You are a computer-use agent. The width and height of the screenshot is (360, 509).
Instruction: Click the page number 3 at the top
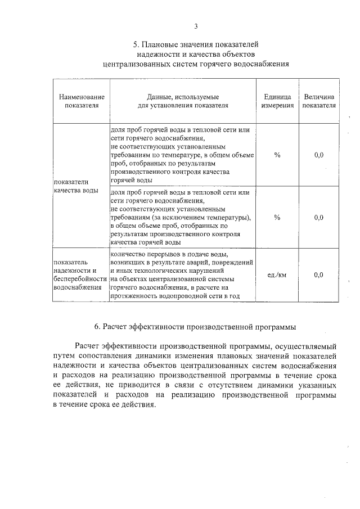(196, 26)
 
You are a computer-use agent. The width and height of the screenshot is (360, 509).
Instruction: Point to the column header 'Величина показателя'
(319, 101)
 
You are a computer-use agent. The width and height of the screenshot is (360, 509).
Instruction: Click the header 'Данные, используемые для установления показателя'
(183, 101)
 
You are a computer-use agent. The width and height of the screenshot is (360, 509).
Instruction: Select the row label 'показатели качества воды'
(75, 186)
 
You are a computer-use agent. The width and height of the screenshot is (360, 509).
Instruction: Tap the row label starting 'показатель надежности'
(79, 274)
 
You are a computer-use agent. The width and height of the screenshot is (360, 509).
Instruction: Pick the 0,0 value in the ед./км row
(319, 275)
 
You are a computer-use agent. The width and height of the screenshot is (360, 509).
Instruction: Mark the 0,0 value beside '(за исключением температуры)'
(319, 217)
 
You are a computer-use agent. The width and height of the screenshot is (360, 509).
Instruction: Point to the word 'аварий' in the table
(188, 263)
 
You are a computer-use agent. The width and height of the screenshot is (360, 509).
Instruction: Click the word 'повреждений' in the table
(227, 263)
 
